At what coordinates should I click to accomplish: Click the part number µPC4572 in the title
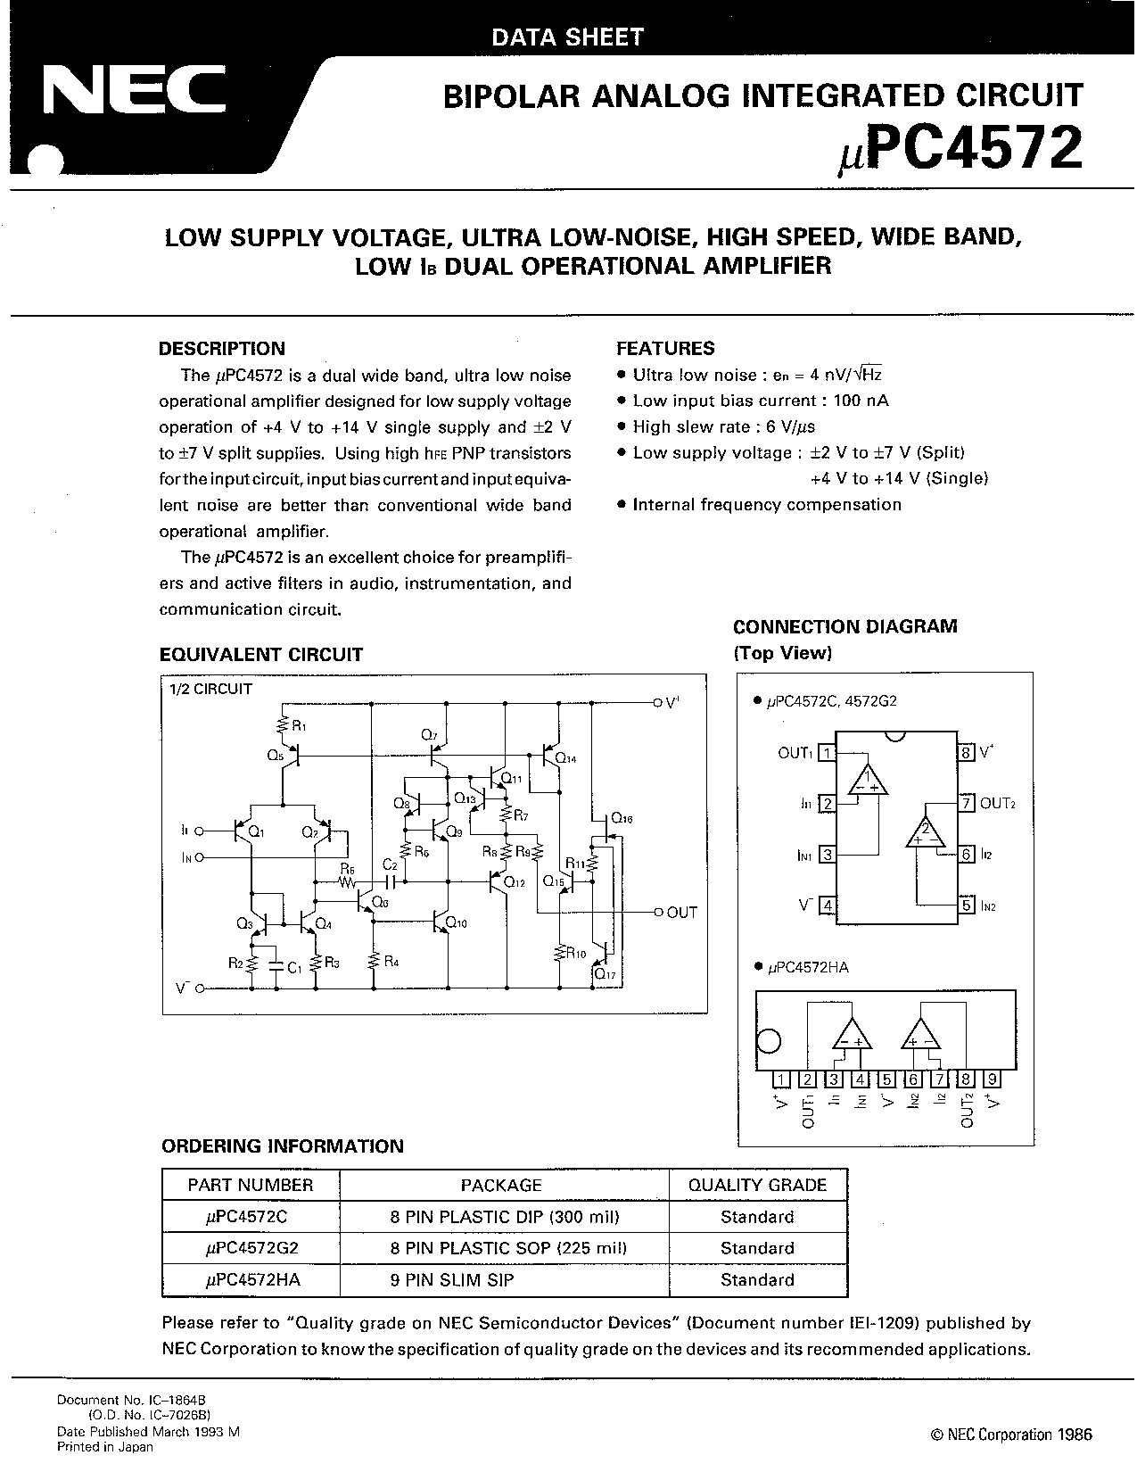click(960, 149)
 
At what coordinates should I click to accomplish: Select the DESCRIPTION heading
click(221, 348)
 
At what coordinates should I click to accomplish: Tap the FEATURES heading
click(665, 348)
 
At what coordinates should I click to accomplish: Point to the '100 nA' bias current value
click(861, 401)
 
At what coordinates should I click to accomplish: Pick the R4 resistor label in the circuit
click(391, 961)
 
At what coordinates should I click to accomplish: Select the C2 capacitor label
click(390, 864)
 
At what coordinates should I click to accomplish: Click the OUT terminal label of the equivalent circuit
click(682, 913)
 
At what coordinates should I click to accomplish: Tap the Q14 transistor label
click(565, 758)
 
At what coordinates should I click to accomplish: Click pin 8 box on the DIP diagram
click(967, 752)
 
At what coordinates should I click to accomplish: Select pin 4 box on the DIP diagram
click(827, 905)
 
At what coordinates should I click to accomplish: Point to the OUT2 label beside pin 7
click(998, 804)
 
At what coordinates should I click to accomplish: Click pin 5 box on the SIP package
click(886, 1079)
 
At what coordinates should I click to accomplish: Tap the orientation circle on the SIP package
click(769, 1041)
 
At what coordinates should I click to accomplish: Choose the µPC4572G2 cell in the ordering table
click(251, 1248)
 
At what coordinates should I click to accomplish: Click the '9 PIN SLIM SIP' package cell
click(452, 1279)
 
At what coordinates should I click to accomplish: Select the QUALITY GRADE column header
click(757, 1185)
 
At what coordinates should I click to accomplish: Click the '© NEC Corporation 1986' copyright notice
click(1012, 1434)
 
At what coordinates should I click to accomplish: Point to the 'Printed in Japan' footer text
click(105, 1447)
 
